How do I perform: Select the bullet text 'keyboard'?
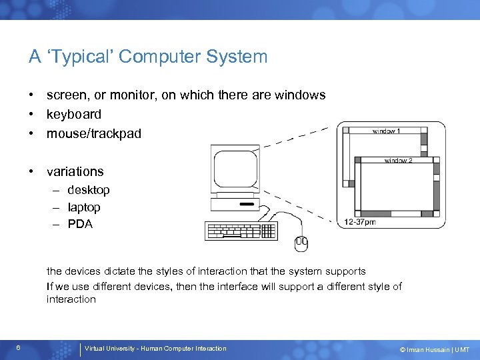[x=73, y=114]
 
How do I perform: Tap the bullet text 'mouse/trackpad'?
[x=93, y=133]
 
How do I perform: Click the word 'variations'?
[x=75, y=171]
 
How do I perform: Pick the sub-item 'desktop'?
[x=88, y=190]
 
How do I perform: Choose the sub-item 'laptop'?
[x=83, y=207]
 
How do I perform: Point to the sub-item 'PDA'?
[x=80, y=224]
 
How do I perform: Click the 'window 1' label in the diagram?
[x=386, y=131]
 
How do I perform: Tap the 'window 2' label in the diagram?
[x=398, y=161]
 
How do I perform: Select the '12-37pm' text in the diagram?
[x=360, y=222]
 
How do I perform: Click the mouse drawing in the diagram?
[x=301, y=243]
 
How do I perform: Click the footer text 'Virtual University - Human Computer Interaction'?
[x=155, y=348]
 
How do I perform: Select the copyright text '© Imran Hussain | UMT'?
[x=434, y=349]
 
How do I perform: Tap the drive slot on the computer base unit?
[x=246, y=203]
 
